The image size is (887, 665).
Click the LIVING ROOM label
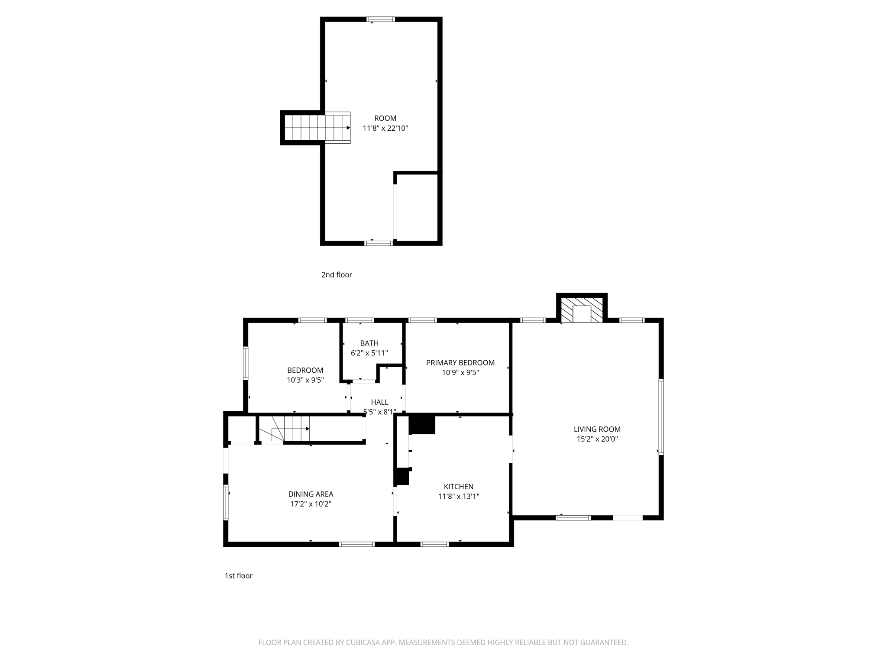click(x=597, y=429)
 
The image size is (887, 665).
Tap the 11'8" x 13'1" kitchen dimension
click(x=458, y=496)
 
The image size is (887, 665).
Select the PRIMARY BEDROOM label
click(x=460, y=362)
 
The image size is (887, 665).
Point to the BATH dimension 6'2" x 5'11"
click(x=369, y=353)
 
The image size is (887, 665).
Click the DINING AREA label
click(x=311, y=494)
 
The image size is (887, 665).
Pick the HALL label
click(x=379, y=402)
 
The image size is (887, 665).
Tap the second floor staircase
click(x=316, y=128)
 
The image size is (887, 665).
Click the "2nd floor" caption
click(x=337, y=274)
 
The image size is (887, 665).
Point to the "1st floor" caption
click(x=238, y=575)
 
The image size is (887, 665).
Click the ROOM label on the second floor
click(x=385, y=118)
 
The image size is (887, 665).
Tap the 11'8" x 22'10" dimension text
click(x=385, y=128)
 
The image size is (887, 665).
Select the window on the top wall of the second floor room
click(x=380, y=19)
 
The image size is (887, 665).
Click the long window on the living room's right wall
click(x=661, y=416)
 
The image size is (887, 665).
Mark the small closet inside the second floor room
click(x=417, y=207)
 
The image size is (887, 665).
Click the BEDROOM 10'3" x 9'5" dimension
click(x=305, y=380)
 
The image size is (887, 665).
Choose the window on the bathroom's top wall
click(x=359, y=320)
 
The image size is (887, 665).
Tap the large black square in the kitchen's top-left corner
click(x=421, y=424)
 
